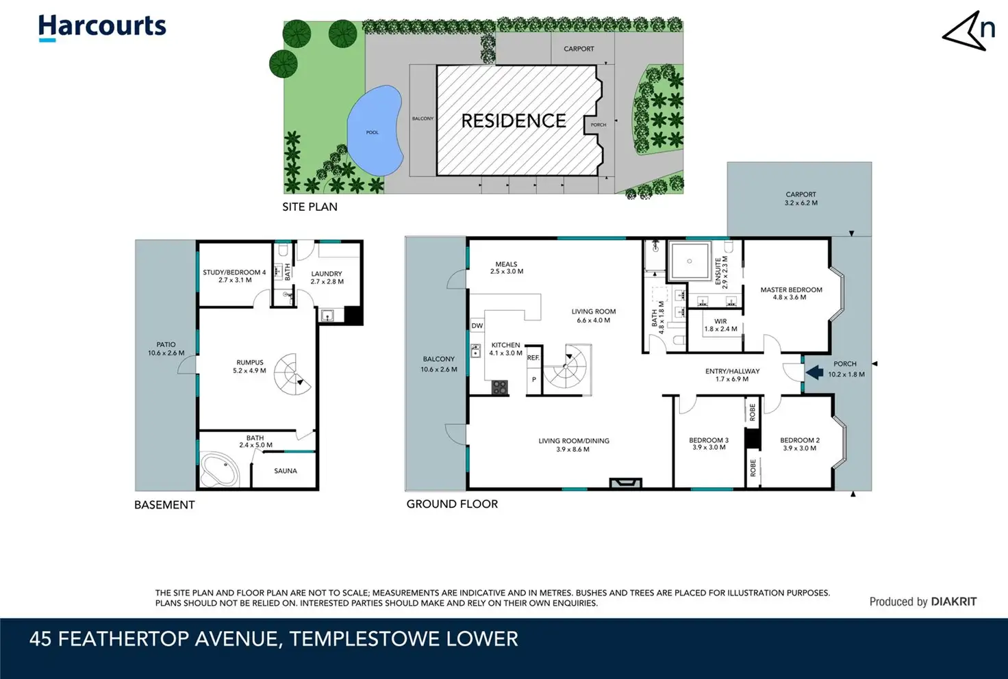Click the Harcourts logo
point(102,27)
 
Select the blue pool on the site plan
point(375,131)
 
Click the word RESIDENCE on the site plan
point(514,120)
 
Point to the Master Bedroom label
point(791,293)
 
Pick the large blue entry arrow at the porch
point(814,372)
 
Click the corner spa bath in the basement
point(219,470)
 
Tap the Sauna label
point(286,471)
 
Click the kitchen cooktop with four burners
point(499,387)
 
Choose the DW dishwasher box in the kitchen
point(477,326)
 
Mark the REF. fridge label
point(533,357)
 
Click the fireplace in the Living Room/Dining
point(625,483)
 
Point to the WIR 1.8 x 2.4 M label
point(720,325)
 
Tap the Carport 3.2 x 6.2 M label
point(801,198)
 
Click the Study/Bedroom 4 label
point(234,276)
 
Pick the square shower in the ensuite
point(690,261)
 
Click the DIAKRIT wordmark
point(954,602)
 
